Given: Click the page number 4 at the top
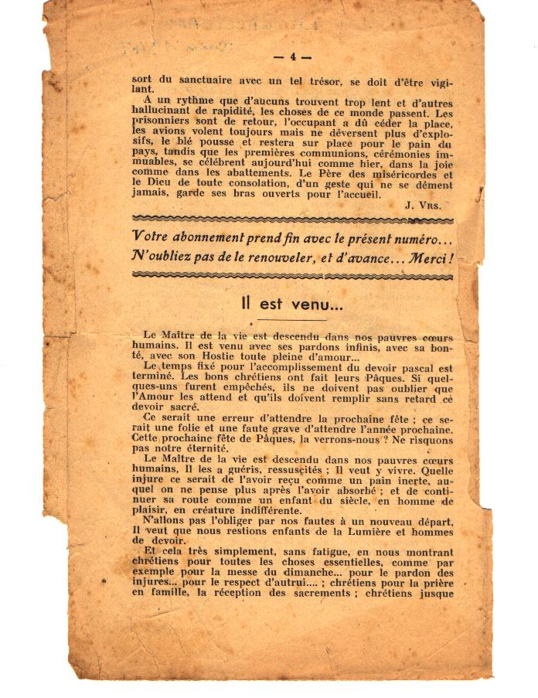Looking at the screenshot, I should [x=292, y=56].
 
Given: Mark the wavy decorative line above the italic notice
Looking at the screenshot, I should [x=292, y=219].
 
